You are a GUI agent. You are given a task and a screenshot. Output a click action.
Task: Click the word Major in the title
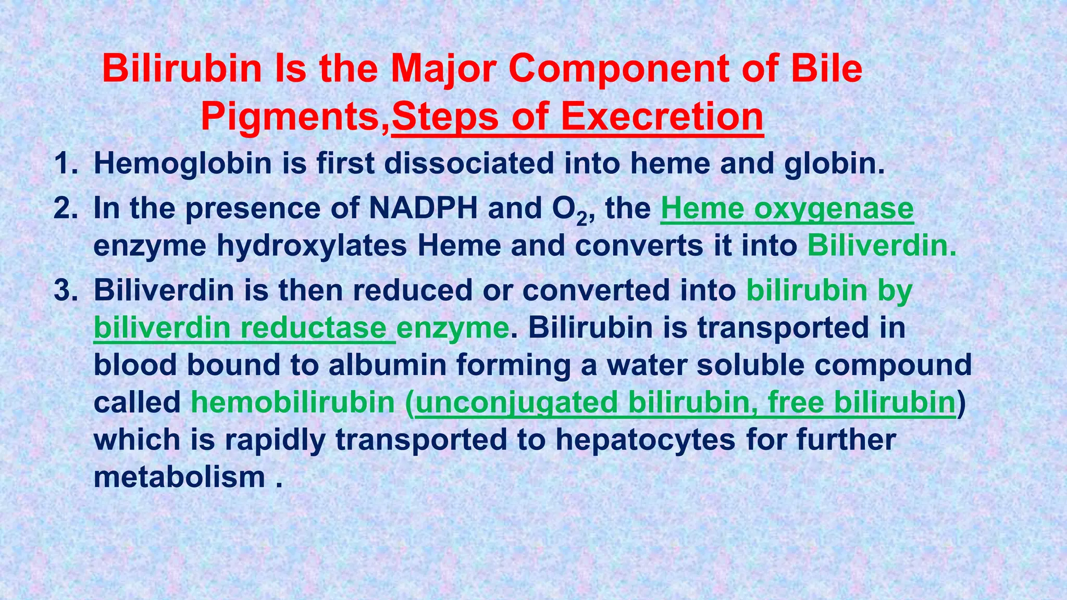pyautogui.click(x=439, y=69)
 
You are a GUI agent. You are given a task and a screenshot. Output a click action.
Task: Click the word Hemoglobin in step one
pyautogui.click(x=183, y=164)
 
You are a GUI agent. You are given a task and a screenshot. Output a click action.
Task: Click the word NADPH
pyautogui.click(x=423, y=209)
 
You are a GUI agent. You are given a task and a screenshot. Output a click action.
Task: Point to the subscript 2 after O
pyautogui.click(x=581, y=219)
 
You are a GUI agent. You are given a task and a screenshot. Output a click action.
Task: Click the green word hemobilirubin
pyautogui.click(x=293, y=403)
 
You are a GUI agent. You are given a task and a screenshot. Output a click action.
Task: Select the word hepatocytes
pyautogui.click(x=645, y=440)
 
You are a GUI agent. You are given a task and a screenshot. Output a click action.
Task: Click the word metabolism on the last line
pyautogui.click(x=179, y=477)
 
